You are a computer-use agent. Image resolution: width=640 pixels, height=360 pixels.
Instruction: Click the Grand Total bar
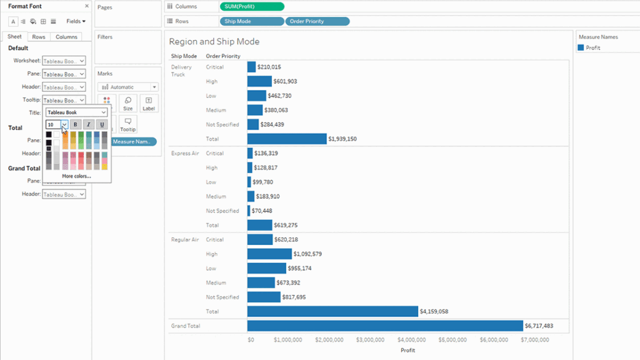tap(384, 326)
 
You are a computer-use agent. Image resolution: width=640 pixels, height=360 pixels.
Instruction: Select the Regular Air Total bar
tap(332, 311)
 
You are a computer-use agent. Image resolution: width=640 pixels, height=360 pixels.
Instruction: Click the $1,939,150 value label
tap(342, 139)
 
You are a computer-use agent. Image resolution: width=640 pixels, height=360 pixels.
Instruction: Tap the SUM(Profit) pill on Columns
tap(252, 6)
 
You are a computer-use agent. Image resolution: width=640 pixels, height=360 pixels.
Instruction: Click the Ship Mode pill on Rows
tap(252, 21)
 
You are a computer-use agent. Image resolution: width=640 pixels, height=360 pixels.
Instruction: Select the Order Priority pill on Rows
tap(317, 21)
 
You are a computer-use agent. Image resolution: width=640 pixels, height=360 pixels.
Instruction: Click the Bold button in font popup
tap(76, 124)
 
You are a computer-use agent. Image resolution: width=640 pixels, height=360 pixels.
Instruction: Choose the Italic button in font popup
tap(89, 124)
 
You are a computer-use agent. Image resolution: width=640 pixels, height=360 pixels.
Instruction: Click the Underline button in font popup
tap(102, 124)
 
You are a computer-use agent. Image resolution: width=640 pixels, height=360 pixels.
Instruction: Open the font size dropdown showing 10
tap(64, 124)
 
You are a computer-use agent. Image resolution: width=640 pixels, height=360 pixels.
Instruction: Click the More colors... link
tap(76, 176)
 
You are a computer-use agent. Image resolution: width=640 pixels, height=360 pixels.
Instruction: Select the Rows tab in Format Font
tap(39, 37)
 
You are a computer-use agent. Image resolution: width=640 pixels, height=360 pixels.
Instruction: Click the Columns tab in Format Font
tap(66, 37)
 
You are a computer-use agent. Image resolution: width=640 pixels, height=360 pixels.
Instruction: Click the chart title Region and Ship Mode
tap(214, 42)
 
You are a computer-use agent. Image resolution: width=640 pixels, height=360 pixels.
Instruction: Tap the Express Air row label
tap(184, 153)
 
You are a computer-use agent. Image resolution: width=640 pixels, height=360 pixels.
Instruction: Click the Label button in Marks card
tap(148, 104)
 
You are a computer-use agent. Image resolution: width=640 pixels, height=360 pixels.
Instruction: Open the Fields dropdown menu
tap(76, 21)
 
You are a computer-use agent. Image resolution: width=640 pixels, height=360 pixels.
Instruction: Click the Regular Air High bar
tap(269, 254)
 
